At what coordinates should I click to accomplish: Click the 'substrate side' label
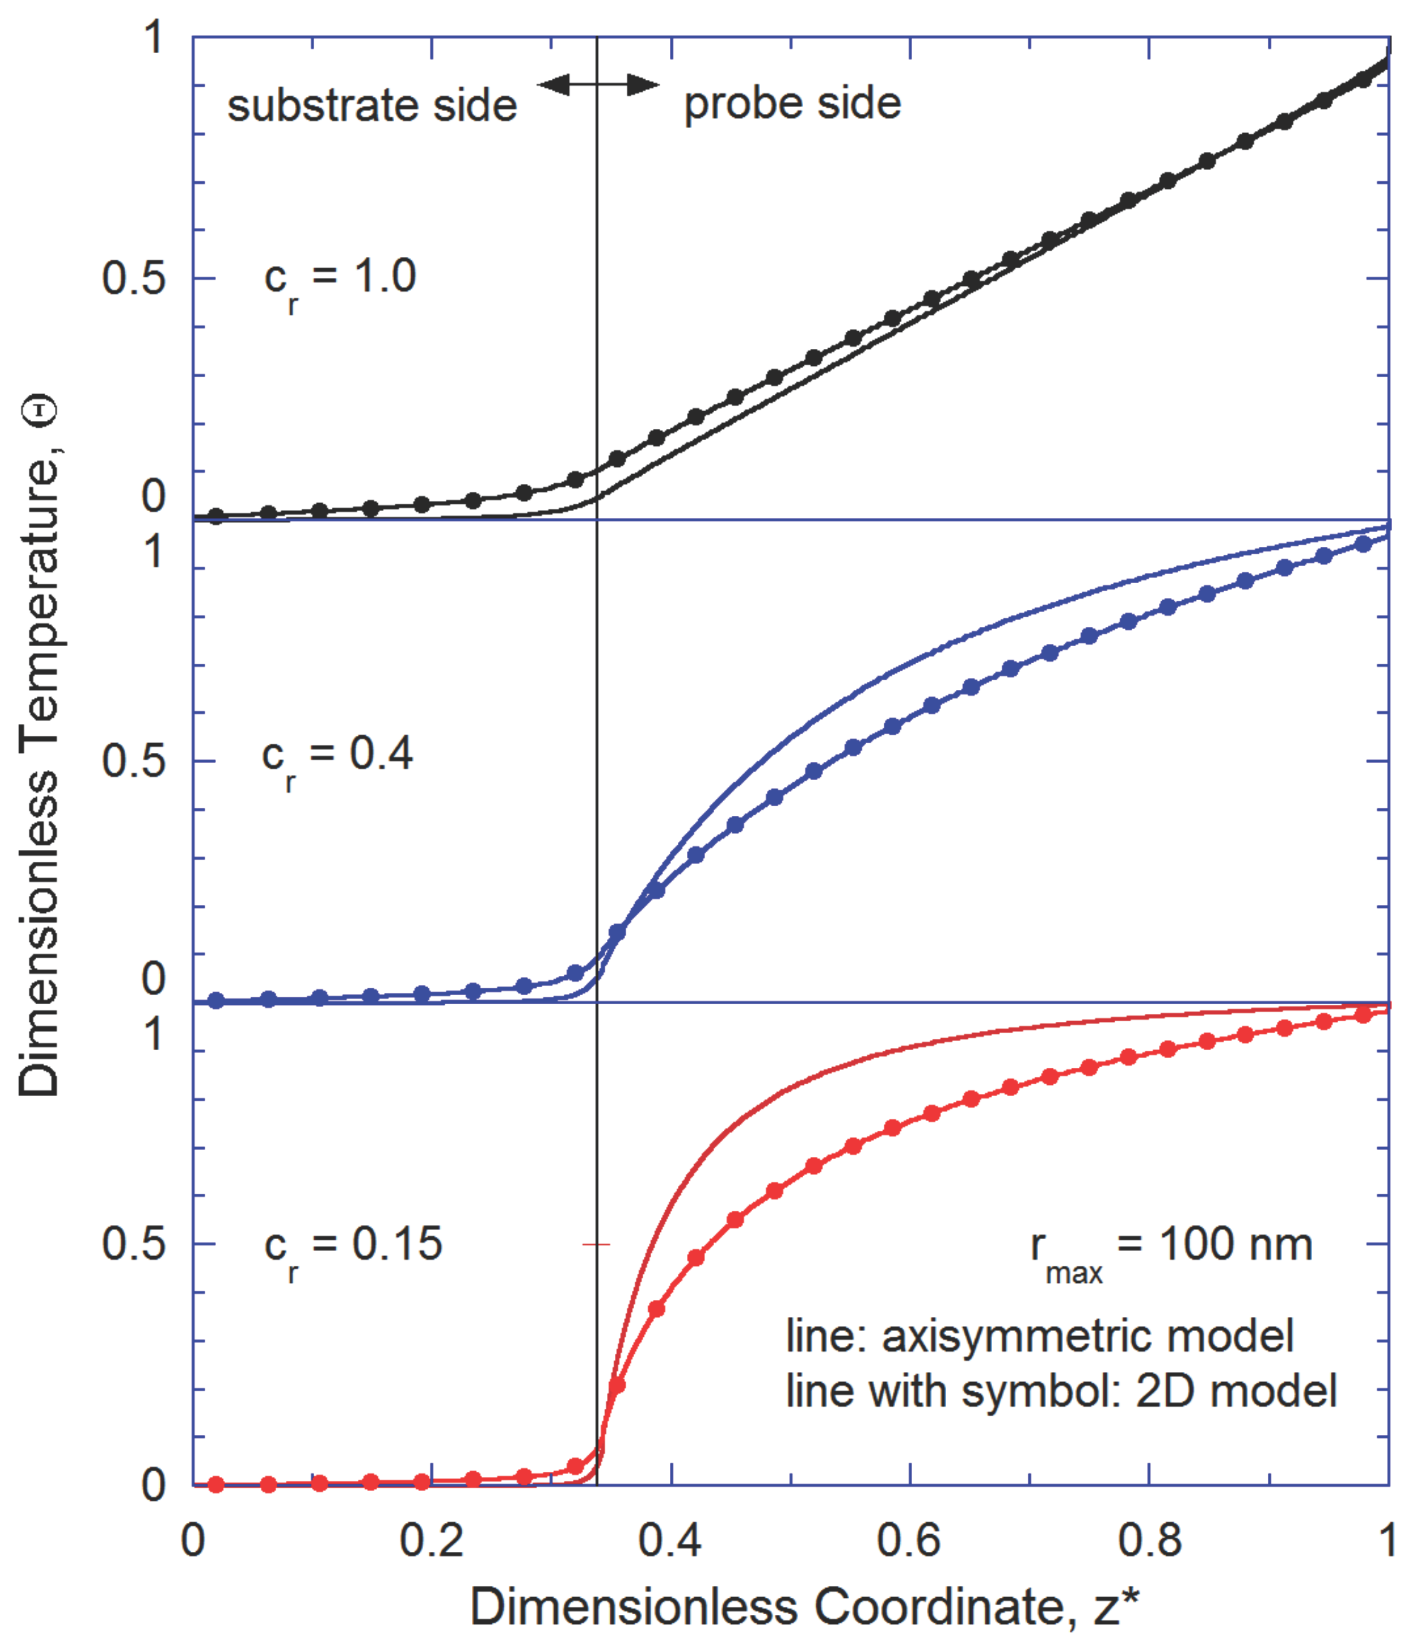click(x=371, y=105)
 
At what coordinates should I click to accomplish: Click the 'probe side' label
click(x=792, y=103)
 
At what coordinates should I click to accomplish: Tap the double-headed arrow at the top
click(x=598, y=84)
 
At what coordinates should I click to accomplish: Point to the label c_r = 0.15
click(x=352, y=1245)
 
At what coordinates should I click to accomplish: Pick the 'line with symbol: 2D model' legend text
click(x=1061, y=1391)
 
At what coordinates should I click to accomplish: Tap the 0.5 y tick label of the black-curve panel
click(x=134, y=279)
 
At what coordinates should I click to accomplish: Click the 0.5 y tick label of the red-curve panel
click(x=134, y=1243)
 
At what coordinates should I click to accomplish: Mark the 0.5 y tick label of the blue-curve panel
click(x=134, y=761)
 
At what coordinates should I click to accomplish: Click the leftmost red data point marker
click(x=216, y=1484)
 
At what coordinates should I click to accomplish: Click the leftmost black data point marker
click(x=216, y=517)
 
